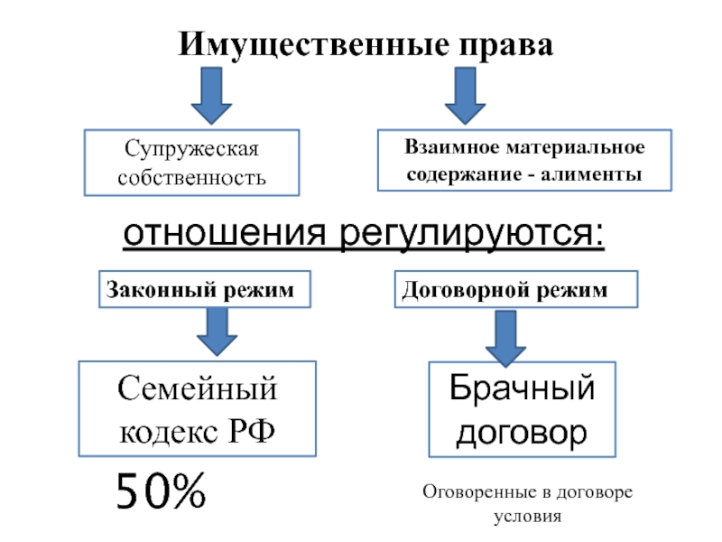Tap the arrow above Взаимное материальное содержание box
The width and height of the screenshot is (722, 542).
(x=466, y=97)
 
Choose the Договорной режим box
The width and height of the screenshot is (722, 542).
(x=516, y=290)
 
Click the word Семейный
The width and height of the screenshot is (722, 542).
(x=197, y=391)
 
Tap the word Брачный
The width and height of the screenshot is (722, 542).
(x=522, y=391)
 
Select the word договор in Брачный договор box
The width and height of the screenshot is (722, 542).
(x=522, y=432)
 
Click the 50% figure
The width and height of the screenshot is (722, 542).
(x=160, y=492)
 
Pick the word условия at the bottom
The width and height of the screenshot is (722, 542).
(x=528, y=518)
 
